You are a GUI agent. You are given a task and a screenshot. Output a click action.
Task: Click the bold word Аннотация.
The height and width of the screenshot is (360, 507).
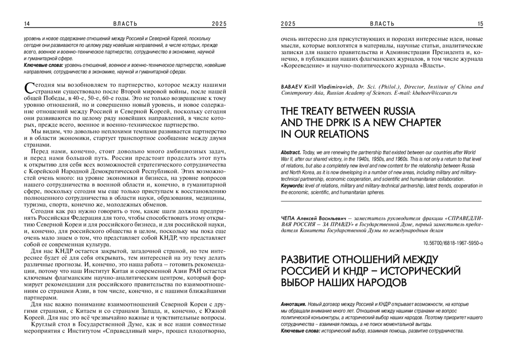pyautogui.click(x=293, y=304)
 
